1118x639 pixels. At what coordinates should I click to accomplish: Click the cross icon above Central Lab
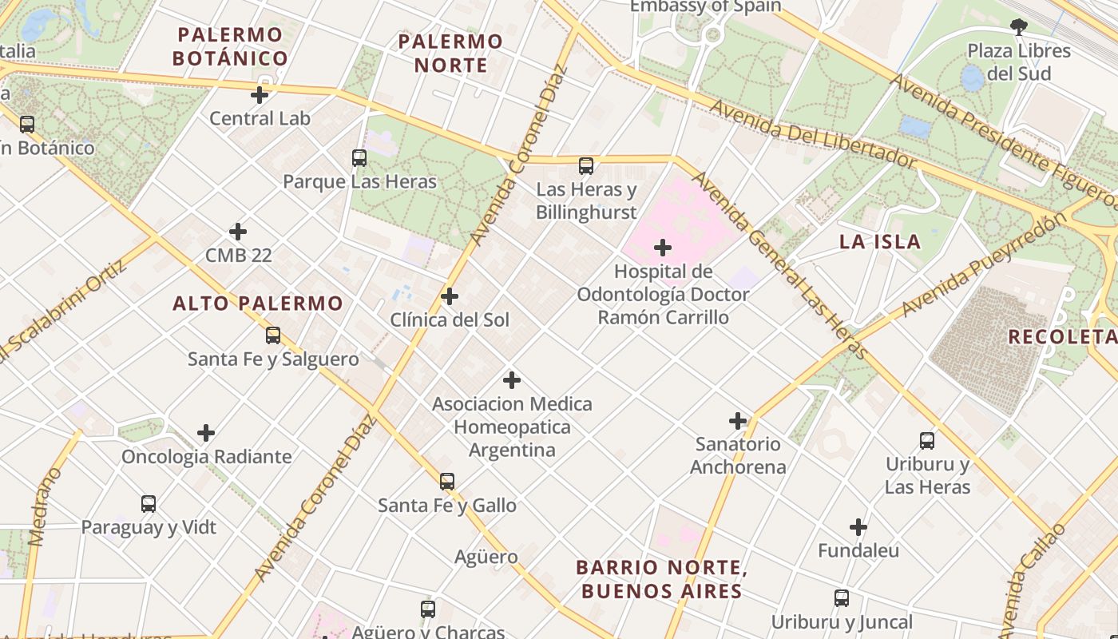[x=260, y=95]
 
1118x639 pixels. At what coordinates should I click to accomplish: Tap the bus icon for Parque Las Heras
[x=359, y=158]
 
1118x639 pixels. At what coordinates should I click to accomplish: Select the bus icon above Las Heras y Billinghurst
[x=586, y=166]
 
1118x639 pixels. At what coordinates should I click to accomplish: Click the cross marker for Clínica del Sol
[x=450, y=296]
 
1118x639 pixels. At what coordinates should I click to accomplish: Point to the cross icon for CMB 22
[x=238, y=232]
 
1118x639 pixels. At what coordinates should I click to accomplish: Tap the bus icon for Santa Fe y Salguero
[x=273, y=335]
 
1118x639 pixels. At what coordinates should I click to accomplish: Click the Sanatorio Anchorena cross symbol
[x=738, y=420]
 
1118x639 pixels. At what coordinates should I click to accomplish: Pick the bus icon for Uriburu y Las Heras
[x=927, y=440]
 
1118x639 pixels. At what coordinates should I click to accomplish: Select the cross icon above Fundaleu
[x=858, y=527]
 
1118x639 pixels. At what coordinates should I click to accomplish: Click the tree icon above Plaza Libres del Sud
[x=1018, y=27]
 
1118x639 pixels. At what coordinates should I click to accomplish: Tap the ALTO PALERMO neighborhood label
[x=258, y=304]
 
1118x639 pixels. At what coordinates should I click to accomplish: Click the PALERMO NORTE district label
[x=450, y=53]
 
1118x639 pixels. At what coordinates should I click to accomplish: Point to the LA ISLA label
[x=880, y=242]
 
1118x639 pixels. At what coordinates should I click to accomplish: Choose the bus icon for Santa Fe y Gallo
[x=447, y=482]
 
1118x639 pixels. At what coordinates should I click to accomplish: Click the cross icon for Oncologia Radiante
[x=206, y=433]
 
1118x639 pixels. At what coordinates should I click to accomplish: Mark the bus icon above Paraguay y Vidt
[x=149, y=504]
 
